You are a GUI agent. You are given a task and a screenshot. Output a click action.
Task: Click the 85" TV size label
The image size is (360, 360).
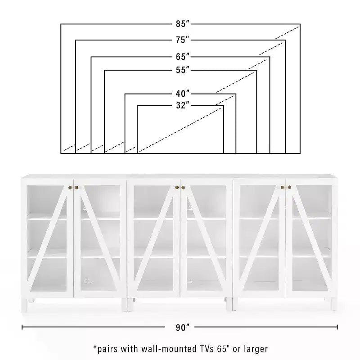tap(183, 24)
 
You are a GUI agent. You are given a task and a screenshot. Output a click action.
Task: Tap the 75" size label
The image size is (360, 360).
tap(183, 40)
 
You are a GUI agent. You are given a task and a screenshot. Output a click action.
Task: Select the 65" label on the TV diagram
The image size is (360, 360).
tap(183, 57)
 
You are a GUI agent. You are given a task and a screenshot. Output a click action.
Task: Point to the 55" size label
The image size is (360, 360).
tap(183, 70)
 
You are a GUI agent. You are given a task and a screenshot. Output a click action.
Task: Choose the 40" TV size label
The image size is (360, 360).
tap(183, 94)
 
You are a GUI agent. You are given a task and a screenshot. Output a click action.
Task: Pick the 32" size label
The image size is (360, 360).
tap(183, 105)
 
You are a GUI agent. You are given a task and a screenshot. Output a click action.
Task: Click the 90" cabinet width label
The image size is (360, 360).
tap(183, 328)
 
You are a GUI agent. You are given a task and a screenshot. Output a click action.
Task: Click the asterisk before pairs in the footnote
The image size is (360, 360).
tap(95, 347)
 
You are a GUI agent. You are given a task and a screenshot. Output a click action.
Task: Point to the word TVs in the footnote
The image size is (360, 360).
tap(207, 349)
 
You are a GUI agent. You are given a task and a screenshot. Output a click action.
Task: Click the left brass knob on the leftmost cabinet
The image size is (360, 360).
tap(70, 188)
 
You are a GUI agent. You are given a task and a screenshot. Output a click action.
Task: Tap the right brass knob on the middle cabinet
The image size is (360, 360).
tap(183, 188)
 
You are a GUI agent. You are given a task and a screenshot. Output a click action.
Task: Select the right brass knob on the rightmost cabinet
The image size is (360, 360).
tap(289, 187)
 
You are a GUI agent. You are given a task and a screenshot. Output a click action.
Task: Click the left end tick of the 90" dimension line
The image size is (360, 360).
tap(22, 327)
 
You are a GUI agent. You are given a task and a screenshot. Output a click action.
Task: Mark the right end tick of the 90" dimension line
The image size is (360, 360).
tap(337, 327)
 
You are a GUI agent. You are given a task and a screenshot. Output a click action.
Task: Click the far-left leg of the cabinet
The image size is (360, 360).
tap(24, 305)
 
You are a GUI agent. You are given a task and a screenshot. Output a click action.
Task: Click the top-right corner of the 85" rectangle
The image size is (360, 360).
tap(300, 24)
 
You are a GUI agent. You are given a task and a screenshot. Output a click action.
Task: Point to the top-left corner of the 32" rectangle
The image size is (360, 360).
tap(137, 106)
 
